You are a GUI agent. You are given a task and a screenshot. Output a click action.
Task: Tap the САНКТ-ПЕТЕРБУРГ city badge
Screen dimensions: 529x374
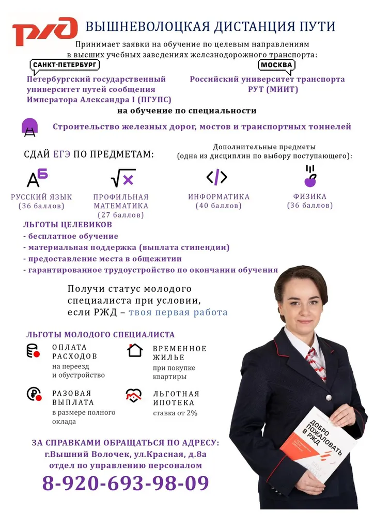pos(65,66)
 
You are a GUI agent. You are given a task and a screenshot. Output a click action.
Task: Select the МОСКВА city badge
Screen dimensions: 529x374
pos(276,66)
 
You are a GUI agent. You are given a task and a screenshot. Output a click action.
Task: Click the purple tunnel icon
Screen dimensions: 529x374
pos(29,127)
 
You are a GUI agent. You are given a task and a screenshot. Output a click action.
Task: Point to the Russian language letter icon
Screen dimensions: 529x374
pos(37,178)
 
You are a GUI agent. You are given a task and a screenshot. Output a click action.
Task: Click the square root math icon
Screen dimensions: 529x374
pos(123,178)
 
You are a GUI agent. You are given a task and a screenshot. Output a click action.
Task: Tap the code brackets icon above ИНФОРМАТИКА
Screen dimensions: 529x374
pos(216,177)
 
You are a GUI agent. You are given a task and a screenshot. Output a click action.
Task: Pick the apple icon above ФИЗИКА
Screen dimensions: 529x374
pos(310,176)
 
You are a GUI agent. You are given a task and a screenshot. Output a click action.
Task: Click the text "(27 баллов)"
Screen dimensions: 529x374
pos(120,215)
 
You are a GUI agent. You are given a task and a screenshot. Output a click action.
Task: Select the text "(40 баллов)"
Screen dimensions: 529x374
pos(219,206)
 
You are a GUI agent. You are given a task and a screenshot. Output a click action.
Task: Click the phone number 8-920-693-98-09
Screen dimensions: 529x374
pos(126,483)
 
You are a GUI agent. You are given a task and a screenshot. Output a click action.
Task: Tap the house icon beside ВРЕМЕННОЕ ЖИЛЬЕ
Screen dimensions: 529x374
pos(135,350)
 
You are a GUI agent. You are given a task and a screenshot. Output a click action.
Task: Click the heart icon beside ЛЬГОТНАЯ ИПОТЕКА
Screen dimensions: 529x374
pos(134,396)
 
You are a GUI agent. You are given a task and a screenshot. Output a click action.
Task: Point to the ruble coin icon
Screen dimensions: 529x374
pos(34,395)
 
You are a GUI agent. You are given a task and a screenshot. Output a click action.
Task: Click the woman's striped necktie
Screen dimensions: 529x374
pos(315,362)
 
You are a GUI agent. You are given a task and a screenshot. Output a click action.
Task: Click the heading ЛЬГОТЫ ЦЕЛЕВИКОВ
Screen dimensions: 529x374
pos(68,225)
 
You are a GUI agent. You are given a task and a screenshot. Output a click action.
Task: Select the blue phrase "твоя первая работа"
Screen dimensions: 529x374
pos(178,313)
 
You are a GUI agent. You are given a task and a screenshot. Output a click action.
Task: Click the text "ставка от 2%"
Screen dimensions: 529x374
pos(175,413)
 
